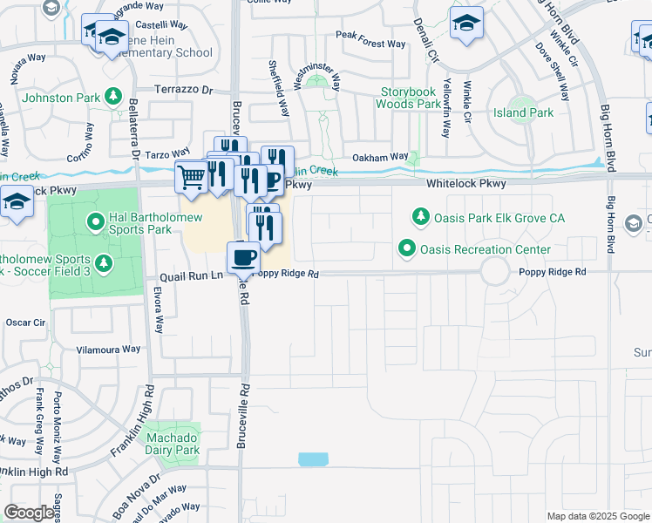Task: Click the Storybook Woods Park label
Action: (x=408, y=98)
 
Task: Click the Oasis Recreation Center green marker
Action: (x=406, y=249)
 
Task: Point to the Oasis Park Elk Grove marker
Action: (x=421, y=215)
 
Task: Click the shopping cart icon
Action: (x=191, y=177)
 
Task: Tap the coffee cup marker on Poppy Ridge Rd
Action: (x=243, y=257)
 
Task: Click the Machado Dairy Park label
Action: (x=170, y=444)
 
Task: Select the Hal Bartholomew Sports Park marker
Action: (x=97, y=223)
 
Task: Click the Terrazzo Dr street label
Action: (x=183, y=90)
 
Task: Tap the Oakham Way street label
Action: (x=379, y=157)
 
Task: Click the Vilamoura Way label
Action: (x=108, y=349)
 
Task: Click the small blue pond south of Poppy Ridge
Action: (x=313, y=459)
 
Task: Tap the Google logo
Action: (x=29, y=513)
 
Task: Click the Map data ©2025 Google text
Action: (x=597, y=516)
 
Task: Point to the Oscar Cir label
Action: (x=25, y=323)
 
